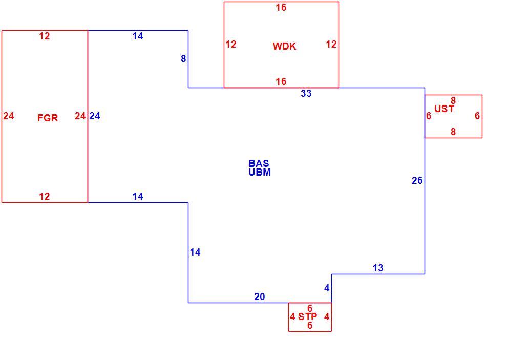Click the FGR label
pos(48,118)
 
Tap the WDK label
pos(284,46)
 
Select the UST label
pos(445,109)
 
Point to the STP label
pos(307,316)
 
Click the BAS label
pos(259,163)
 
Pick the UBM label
pos(260,172)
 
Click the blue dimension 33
pos(306,94)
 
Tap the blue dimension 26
pos(417,180)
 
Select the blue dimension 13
pos(377,268)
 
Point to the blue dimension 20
pos(259,297)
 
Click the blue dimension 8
pos(183,58)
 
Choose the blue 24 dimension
pos(94,116)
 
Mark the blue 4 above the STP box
pos(327,288)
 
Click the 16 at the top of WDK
pos(281,8)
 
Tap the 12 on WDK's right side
pos(331,45)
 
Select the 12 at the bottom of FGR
pos(44,196)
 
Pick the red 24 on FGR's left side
pos(8,116)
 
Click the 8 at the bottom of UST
pos(453,132)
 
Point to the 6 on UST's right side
pos(477,116)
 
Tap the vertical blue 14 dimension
pos(195,252)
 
